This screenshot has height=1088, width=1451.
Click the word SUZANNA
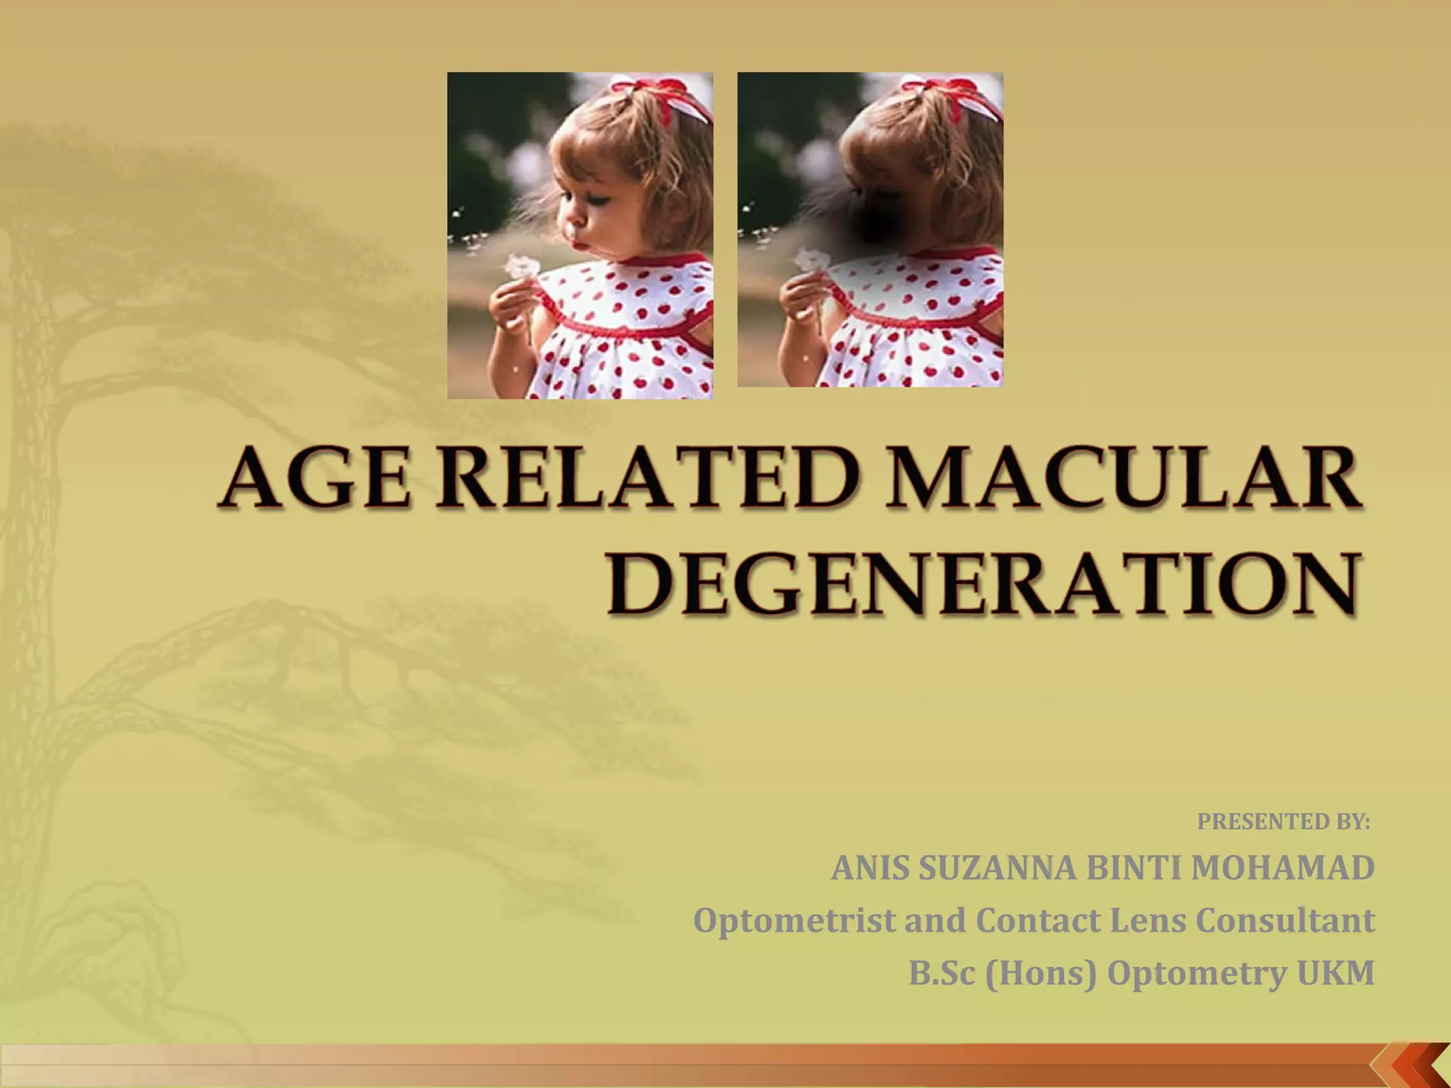(996, 868)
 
